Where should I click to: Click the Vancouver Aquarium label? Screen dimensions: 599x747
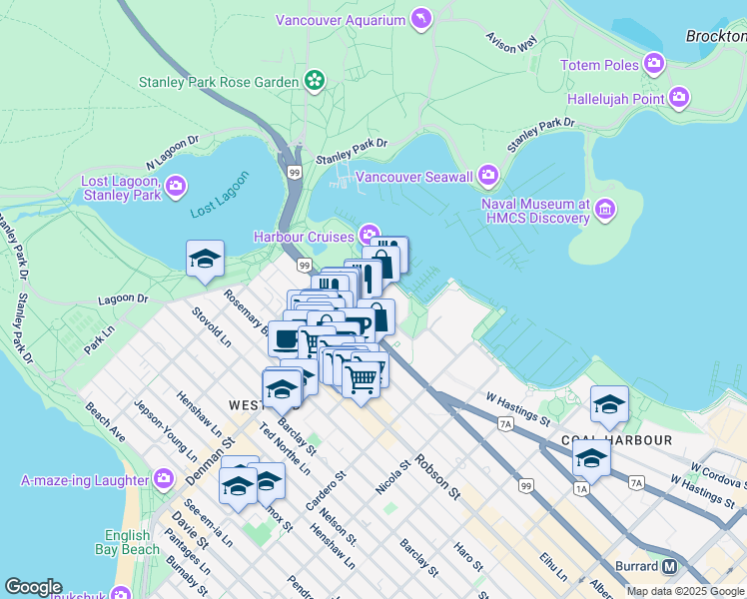[340, 20]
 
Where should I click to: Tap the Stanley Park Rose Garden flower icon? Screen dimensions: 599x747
[315, 81]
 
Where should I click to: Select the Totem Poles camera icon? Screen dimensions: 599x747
[654, 65]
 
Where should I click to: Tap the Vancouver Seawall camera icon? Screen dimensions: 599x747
[488, 176]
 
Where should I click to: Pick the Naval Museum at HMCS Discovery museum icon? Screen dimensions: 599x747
[605, 210]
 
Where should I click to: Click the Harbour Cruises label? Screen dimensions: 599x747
[304, 237]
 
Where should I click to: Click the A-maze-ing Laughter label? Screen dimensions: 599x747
[86, 480]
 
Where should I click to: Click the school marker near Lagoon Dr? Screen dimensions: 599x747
[205, 259]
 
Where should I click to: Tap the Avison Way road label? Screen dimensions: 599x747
[512, 42]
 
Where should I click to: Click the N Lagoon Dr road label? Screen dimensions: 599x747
[173, 151]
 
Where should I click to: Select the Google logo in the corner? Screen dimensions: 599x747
[33, 587]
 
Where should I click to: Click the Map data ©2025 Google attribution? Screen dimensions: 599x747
[685, 591]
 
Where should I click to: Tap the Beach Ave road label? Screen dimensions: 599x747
[104, 423]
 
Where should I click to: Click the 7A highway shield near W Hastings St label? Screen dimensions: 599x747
[504, 424]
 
